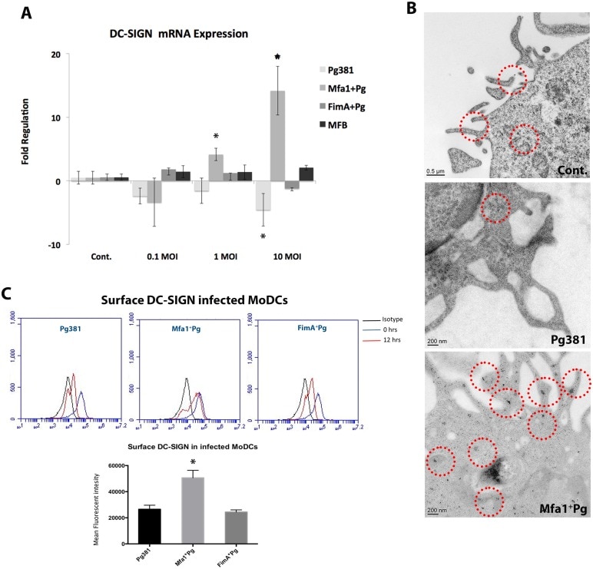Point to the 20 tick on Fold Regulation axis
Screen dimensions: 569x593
55,55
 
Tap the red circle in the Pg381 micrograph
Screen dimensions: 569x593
495,208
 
